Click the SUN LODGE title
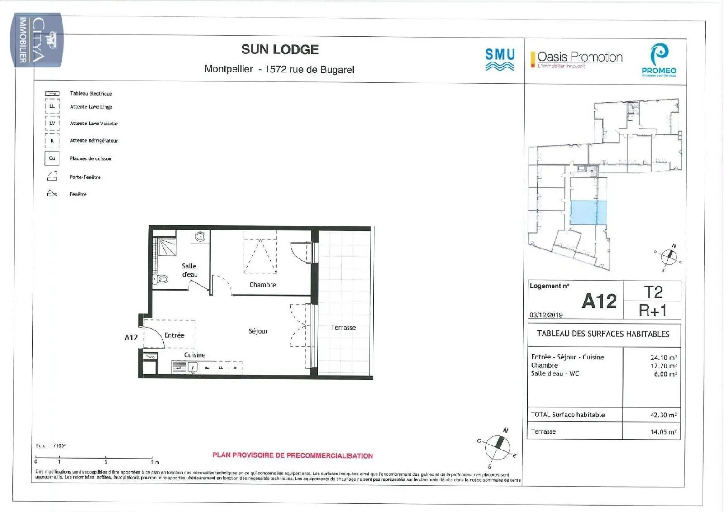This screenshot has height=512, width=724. pos(280,49)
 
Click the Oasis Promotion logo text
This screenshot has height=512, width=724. pos(580,57)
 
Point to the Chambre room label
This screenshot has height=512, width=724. pos(262,285)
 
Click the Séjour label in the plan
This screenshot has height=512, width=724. pos(258,331)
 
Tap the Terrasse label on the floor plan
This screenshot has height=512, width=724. pos(343,327)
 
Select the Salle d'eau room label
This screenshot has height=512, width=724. pos(190,270)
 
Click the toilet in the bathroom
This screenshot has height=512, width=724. pos(162,279)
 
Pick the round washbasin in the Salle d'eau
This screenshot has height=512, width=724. pos(200,236)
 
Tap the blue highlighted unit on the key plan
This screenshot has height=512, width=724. pos(588,213)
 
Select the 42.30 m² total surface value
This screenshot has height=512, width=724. pos(663,415)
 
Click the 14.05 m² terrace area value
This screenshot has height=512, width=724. pos(663,432)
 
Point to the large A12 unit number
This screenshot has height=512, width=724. pos(599,301)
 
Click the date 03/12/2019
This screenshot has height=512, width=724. pos(546,315)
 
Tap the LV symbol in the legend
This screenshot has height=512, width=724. pos(52,124)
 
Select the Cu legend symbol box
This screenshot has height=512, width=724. pos(52,158)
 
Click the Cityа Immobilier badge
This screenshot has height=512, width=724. pos(36,40)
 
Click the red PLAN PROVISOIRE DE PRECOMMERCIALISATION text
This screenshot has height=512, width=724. pos(293,455)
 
